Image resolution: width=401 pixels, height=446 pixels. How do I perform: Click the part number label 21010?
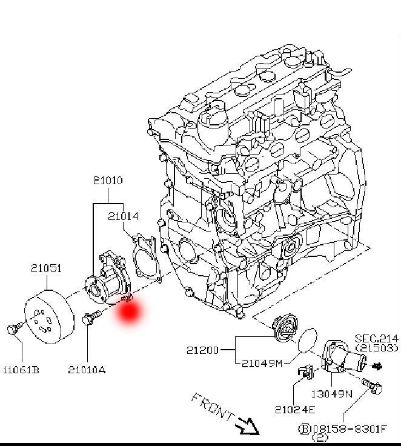pyautogui.click(x=108, y=181)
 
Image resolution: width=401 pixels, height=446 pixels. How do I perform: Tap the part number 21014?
pyautogui.click(x=124, y=216)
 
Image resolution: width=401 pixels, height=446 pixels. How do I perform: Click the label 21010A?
pyautogui.click(x=87, y=369)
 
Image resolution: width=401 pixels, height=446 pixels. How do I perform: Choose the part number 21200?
pyautogui.click(x=202, y=350)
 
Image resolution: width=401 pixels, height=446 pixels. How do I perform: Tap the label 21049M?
pyautogui.click(x=262, y=364)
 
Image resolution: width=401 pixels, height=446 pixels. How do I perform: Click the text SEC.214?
pyautogui.click(x=376, y=338)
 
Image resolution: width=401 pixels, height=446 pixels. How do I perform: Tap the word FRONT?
pyautogui.click(x=212, y=408)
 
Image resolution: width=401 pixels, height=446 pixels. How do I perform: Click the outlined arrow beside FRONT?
pyautogui.click(x=247, y=425)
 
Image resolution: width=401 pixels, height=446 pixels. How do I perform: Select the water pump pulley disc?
pyautogui.click(x=48, y=316)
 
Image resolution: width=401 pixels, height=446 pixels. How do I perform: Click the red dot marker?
pyautogui.click(x=130, y=311)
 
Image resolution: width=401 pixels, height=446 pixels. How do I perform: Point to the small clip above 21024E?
pyautogui.click(x=306, y=370)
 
